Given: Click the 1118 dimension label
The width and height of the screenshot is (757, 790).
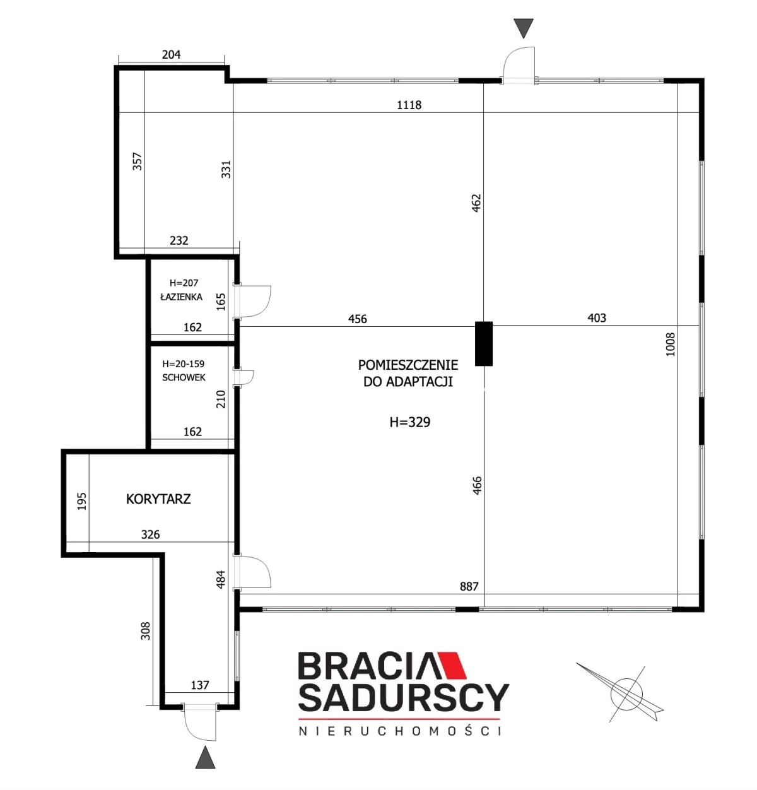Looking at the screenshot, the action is click(x=408, y=105).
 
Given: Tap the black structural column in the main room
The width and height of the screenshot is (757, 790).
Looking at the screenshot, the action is click(x=483, y=343).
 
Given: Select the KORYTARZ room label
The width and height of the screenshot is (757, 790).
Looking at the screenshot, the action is click(x=158, y=498).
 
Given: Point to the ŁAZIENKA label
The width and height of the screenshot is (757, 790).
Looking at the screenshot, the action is click(x=181, y=297).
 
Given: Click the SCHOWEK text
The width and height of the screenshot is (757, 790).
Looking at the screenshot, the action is click(x=184, y=377).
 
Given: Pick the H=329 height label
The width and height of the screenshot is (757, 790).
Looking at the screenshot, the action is click(x=409, y=422).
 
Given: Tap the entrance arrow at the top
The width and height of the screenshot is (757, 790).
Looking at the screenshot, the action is click(x=523, y=28).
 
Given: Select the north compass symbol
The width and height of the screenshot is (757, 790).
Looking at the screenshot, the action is click(x=620, y=693).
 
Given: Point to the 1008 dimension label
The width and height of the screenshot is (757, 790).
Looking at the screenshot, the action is click(x=670, y=345).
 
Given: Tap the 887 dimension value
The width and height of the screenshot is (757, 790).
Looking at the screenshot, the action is click(x=469, y=586).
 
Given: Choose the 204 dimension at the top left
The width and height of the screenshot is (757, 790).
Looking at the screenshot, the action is click(x=171, y=54).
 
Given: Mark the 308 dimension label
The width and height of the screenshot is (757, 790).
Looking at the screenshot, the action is click(x=145, y=630).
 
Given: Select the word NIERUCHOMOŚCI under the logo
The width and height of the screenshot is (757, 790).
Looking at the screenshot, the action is click(x=399, y=731).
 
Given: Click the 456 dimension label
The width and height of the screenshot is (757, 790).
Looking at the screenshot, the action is click(x=357, y=319).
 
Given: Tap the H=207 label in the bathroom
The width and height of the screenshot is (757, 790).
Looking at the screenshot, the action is click(x=184, y=283).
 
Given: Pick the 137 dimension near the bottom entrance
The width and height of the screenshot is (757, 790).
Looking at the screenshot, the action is click(x=200, y=685).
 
